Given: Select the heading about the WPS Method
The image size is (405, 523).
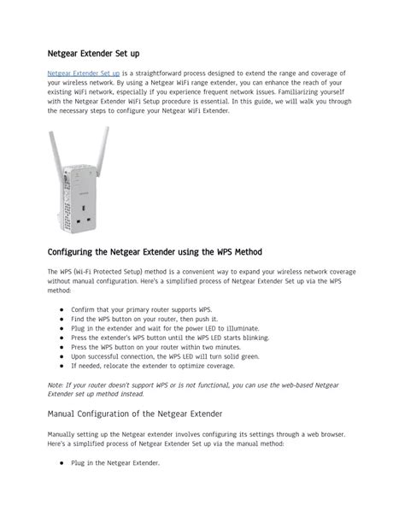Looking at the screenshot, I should click(x=155, y=252).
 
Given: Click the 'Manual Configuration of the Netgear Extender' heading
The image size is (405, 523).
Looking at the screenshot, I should click(x=135, y=414).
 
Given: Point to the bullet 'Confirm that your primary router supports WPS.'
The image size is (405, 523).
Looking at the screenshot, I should click(x=142, y=309).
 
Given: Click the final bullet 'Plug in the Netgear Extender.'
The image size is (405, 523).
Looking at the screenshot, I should click(x=115, y=463).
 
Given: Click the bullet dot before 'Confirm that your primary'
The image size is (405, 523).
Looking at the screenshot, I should click(x=62, y=309).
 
